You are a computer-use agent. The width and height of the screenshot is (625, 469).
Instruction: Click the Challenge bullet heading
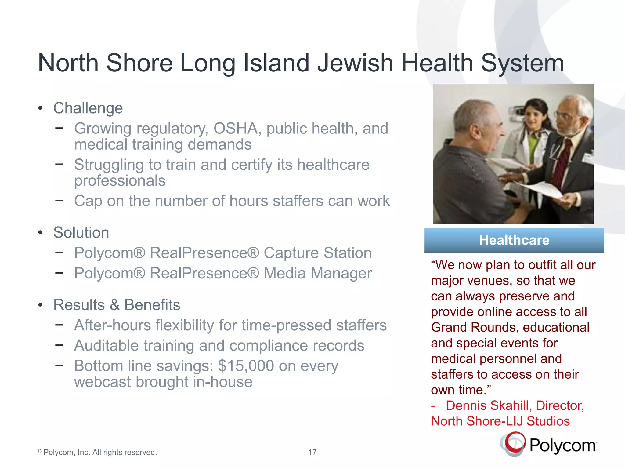88,108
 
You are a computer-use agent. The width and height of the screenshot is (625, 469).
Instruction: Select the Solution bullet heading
81,232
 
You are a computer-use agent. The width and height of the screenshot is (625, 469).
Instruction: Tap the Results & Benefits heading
117,305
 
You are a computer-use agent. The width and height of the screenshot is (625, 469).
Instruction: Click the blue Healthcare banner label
514,240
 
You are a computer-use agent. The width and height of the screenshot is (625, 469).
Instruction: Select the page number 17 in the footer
312,452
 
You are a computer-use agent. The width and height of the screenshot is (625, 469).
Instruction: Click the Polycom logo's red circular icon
515,442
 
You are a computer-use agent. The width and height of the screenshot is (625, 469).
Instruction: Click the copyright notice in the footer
97,452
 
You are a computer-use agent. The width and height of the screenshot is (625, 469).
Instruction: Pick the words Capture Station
317,253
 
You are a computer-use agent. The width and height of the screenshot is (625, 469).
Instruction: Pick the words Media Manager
317,273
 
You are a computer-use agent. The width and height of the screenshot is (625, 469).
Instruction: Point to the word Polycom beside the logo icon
562,445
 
